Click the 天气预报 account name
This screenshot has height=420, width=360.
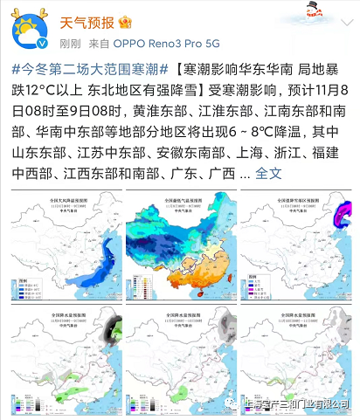click(87, 20)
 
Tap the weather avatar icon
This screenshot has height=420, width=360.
click(31, 31)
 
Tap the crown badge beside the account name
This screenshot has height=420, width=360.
click(125, 20)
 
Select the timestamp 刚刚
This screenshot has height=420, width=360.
click(70, 42)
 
